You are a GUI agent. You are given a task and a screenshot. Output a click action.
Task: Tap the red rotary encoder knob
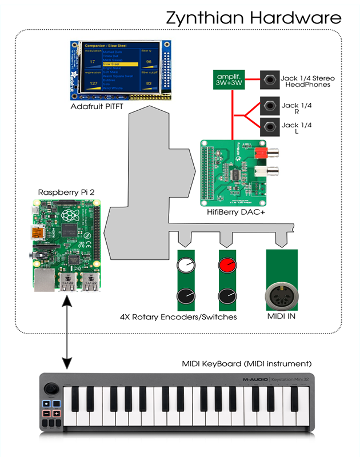[227, 264]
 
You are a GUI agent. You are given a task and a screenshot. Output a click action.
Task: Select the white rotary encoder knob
[185, 265]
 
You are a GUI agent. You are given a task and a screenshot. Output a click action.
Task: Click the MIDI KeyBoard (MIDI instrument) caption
[247, 363]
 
